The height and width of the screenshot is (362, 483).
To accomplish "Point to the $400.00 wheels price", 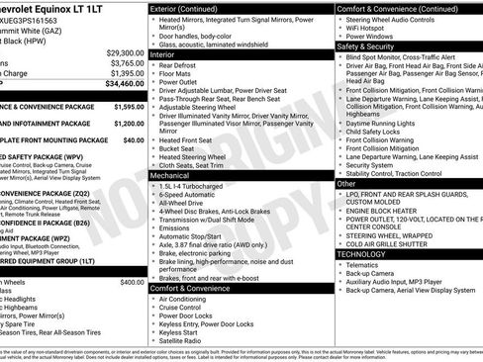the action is click(132, 255).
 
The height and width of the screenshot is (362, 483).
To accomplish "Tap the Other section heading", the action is click(347, 184).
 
